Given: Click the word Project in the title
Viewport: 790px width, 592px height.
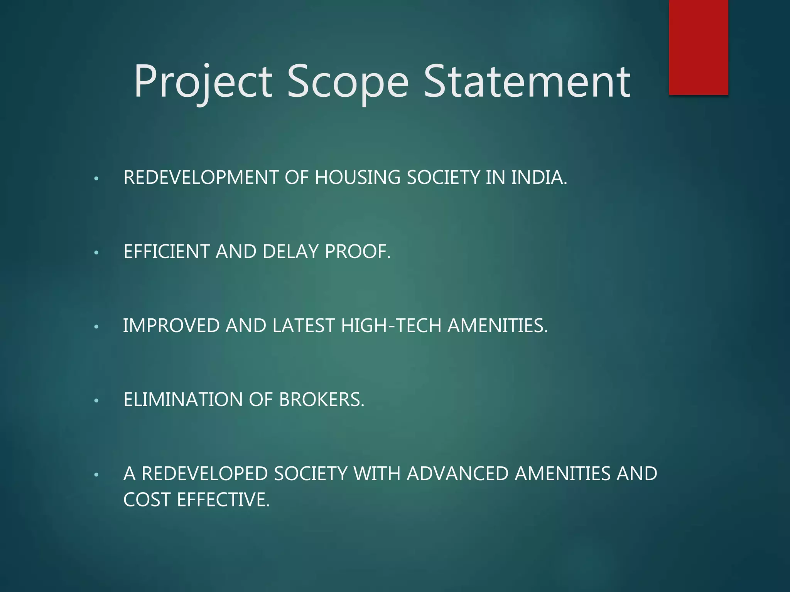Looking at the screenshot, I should coord(203,82).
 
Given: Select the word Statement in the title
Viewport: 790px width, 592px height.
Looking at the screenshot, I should coord(527,82).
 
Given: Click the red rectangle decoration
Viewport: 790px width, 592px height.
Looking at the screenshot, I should coord(698,47).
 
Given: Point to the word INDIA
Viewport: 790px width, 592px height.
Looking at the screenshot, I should coord(539,178).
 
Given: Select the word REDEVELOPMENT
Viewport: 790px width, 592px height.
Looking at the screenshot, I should coord(201,178).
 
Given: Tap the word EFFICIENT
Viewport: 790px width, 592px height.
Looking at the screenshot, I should coord(167,252).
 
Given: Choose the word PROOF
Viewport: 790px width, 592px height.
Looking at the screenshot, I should coord(358,252).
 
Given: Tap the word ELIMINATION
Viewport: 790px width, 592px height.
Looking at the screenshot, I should coord(183,400).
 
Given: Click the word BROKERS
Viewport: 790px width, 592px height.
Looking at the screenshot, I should coord(321,400).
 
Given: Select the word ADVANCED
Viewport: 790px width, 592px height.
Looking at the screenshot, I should coord(458,474).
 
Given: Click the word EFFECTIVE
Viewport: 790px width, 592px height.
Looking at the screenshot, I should coord(223,500).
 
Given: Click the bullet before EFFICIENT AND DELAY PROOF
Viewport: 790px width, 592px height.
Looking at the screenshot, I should coord(96,253).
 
